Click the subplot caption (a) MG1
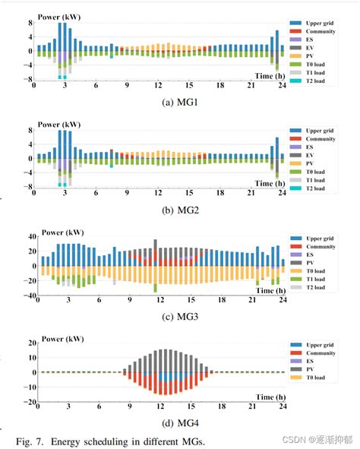(159, 100)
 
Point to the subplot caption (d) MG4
(159, 424)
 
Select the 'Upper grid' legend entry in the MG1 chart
(318, 25)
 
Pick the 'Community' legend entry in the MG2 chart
(319, 139)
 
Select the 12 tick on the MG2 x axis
(158, 191)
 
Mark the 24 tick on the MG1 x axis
(281, 85)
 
